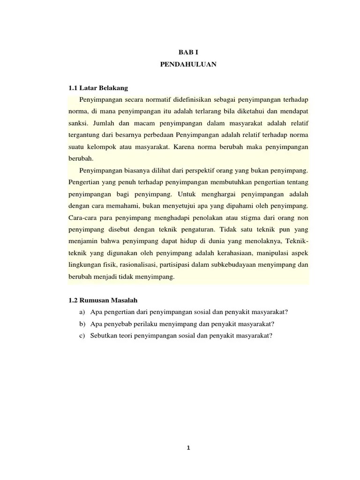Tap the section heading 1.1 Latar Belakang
98,88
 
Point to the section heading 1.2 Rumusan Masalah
102,300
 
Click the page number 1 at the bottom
188,447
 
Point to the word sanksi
78,123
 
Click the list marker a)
83,312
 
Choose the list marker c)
83,336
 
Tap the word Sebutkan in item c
105,336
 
